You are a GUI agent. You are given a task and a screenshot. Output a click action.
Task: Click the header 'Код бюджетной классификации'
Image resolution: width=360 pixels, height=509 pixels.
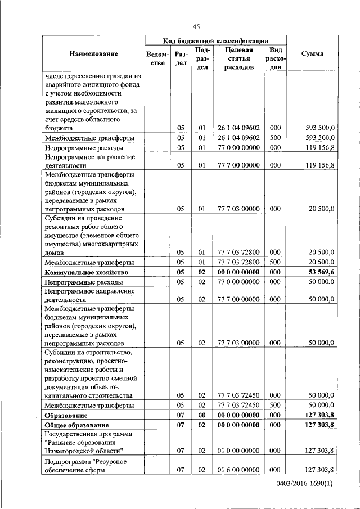tap(215, 41)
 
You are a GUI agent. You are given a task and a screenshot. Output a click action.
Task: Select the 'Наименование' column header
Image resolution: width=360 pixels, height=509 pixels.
tap(93, 54)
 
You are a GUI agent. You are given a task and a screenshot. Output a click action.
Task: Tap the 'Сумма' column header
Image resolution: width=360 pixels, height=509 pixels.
tap(312, 54)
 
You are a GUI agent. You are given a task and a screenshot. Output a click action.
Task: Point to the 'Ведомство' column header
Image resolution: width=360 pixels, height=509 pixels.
tap(157, 58)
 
